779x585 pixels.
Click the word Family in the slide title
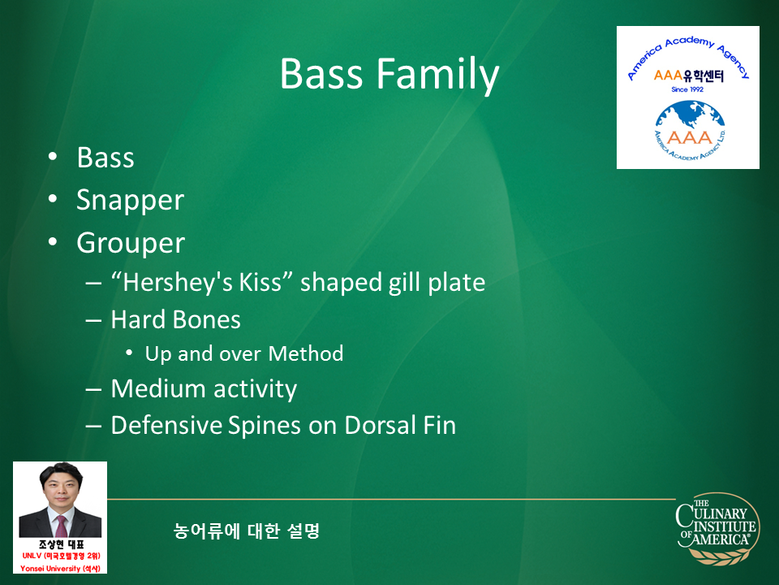pyautogui.click(x=437, y=75)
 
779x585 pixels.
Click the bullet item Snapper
pyautogui.click(x=130, y=201)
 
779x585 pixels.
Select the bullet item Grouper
pyautogui.click(x=131, y=243)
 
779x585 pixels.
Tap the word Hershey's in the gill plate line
pyautogui.click(x=177, y=282)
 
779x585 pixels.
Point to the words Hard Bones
pyautogui.click(x=176, y=319)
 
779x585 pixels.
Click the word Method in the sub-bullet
pyautogui.click(x=306, y=353)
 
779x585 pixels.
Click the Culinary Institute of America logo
pyautogui.click(x=718, y=529)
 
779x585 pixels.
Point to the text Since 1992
pyautogui.click(x=687, y=89)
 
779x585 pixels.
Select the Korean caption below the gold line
pyautogui.click(x=246, y=531)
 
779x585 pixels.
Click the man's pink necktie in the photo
pyautogui.click(x=62, y=526)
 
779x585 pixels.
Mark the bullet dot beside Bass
pyautogui.click(x=53, y=157)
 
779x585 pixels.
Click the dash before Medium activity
pyautogui.click(x=93, y=389)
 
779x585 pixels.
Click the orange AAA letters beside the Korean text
pyautogui.click(x=668, y=76)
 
